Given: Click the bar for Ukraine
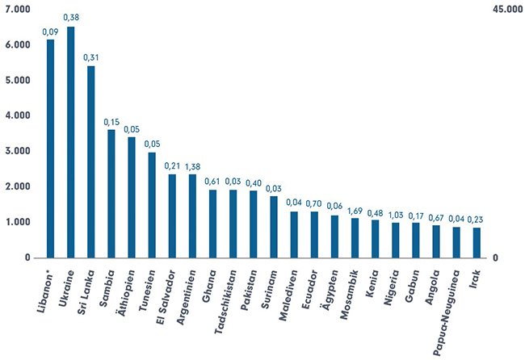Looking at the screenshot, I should tap(71, 142).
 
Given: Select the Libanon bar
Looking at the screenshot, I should tap(51, 149).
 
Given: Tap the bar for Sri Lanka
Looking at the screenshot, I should tap(91, 161).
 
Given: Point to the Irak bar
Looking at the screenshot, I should tap(477, 242).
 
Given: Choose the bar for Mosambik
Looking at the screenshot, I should tap(355, 237).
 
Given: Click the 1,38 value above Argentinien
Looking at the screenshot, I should tap(192, 165).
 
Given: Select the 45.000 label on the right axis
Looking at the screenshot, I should tap(505, 9).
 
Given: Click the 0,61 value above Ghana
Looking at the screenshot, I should tap(213, 181).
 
